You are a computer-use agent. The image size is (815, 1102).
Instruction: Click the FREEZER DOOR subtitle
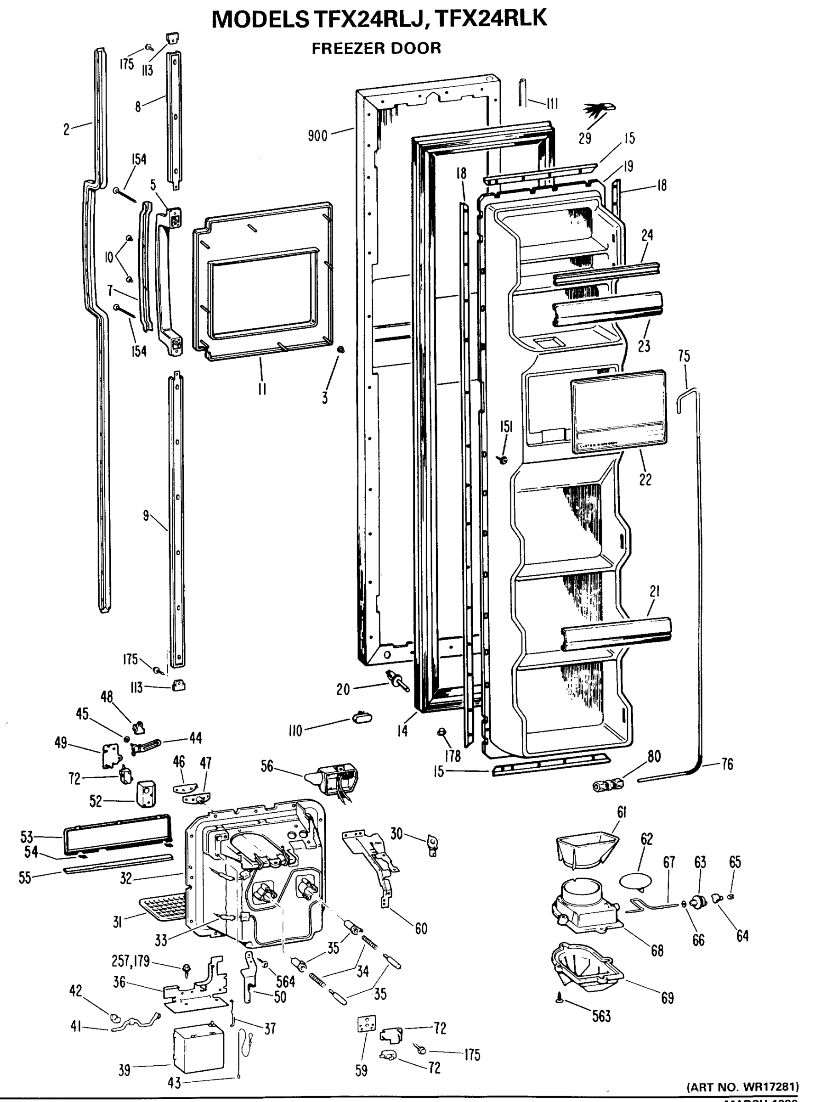point(376,48)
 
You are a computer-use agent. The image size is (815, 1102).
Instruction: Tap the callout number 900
point(317,135)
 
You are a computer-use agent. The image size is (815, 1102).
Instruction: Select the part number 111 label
point(552,104)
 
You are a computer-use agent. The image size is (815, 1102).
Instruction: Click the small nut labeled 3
point(340,349)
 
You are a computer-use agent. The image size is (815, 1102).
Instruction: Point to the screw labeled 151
point(503,460)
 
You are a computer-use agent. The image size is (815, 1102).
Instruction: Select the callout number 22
point(645,479)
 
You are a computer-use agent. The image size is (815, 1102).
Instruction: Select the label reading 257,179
point(131,961)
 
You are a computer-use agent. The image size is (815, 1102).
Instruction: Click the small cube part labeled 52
point(146,793)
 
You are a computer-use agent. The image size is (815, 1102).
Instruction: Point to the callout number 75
point(684,356)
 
